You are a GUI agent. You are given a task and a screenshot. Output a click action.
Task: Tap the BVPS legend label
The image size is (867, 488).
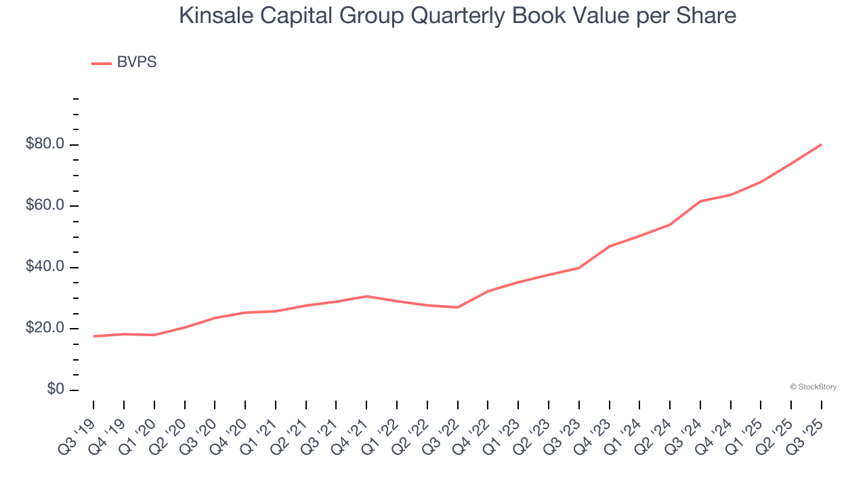pyautogui.click(x=136, y=62)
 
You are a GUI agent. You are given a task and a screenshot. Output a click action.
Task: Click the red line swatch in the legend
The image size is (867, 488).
pyautogui.click(x=102, y=64)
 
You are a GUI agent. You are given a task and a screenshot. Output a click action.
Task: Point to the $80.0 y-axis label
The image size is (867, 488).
pyautogui.click(x=46, y=144)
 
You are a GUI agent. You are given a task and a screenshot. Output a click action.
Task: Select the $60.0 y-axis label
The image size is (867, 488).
pyautogui.click(x=46, y=205)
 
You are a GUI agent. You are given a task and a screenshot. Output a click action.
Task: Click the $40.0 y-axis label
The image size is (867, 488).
pyautogui.click(x=46, y=267)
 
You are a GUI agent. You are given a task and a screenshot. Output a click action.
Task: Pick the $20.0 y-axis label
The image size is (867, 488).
pyautogui.click(x=46, y=328)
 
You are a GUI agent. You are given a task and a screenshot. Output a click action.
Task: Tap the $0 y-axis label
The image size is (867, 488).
pyautogui.click(x=56, y=389)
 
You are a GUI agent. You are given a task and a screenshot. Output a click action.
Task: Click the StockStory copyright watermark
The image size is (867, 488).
pyautogui.click(x=813, y=387)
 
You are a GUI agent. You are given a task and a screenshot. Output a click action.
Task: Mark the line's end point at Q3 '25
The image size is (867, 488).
pyautogui.click(x=821, y=144)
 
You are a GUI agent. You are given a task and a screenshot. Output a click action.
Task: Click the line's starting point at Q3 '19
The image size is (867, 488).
pyautogui.click(x=93, y=336)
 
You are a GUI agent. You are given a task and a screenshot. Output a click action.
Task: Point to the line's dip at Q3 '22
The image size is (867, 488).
pyautogui.click(x=458, y=308)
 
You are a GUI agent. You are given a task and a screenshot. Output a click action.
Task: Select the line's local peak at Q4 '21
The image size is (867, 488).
pyautogui.click(x=366, y=296)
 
